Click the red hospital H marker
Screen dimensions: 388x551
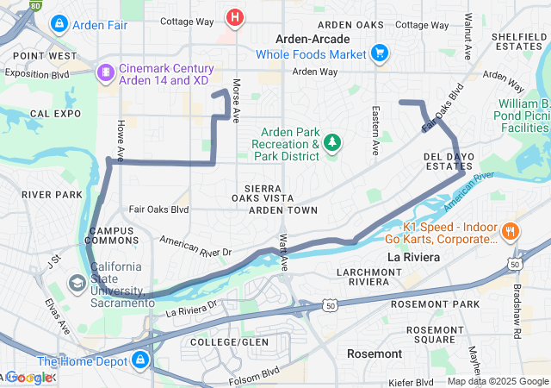tap(234, 16)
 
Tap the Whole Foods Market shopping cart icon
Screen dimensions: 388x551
tap(379, 53)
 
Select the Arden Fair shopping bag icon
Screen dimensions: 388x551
tap(59, 24)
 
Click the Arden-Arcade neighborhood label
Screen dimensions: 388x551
tap(312, 39)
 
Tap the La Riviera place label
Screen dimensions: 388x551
tap(414, 257)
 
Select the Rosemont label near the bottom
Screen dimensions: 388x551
tap(375, 354)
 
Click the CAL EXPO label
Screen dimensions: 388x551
tap(56, 113)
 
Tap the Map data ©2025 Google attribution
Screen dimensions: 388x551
tap(498, 381)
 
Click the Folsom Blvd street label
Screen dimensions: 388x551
tap(255, 376)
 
